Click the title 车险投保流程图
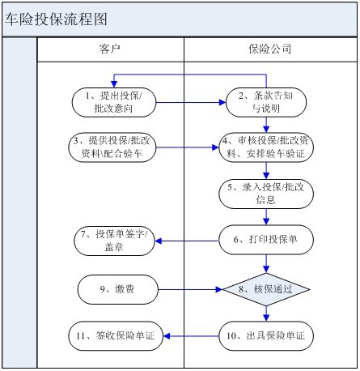click(56, 19)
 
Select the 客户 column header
click(110, 49)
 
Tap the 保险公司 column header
click(269, 49)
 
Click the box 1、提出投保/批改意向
click(114, 102)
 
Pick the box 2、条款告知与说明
click(266, 102)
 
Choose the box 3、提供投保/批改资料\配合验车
click(112, 147)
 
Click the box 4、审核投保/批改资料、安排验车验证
click(266, 147)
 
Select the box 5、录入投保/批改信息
click(266, 194)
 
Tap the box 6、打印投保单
click(266, 240)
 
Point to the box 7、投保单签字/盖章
click(114, 241)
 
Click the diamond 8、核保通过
click(266, 289)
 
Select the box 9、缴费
click(117, 289)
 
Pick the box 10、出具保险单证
click(266, 336)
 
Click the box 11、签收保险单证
click(116, 336)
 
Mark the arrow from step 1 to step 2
click(191, 102)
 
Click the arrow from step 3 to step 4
click(188, 147)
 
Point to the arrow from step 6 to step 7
click(187, 241)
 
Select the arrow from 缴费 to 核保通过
click(190, 289)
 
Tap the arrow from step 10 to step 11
click(191, 336)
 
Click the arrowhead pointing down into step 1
click(114, 84)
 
